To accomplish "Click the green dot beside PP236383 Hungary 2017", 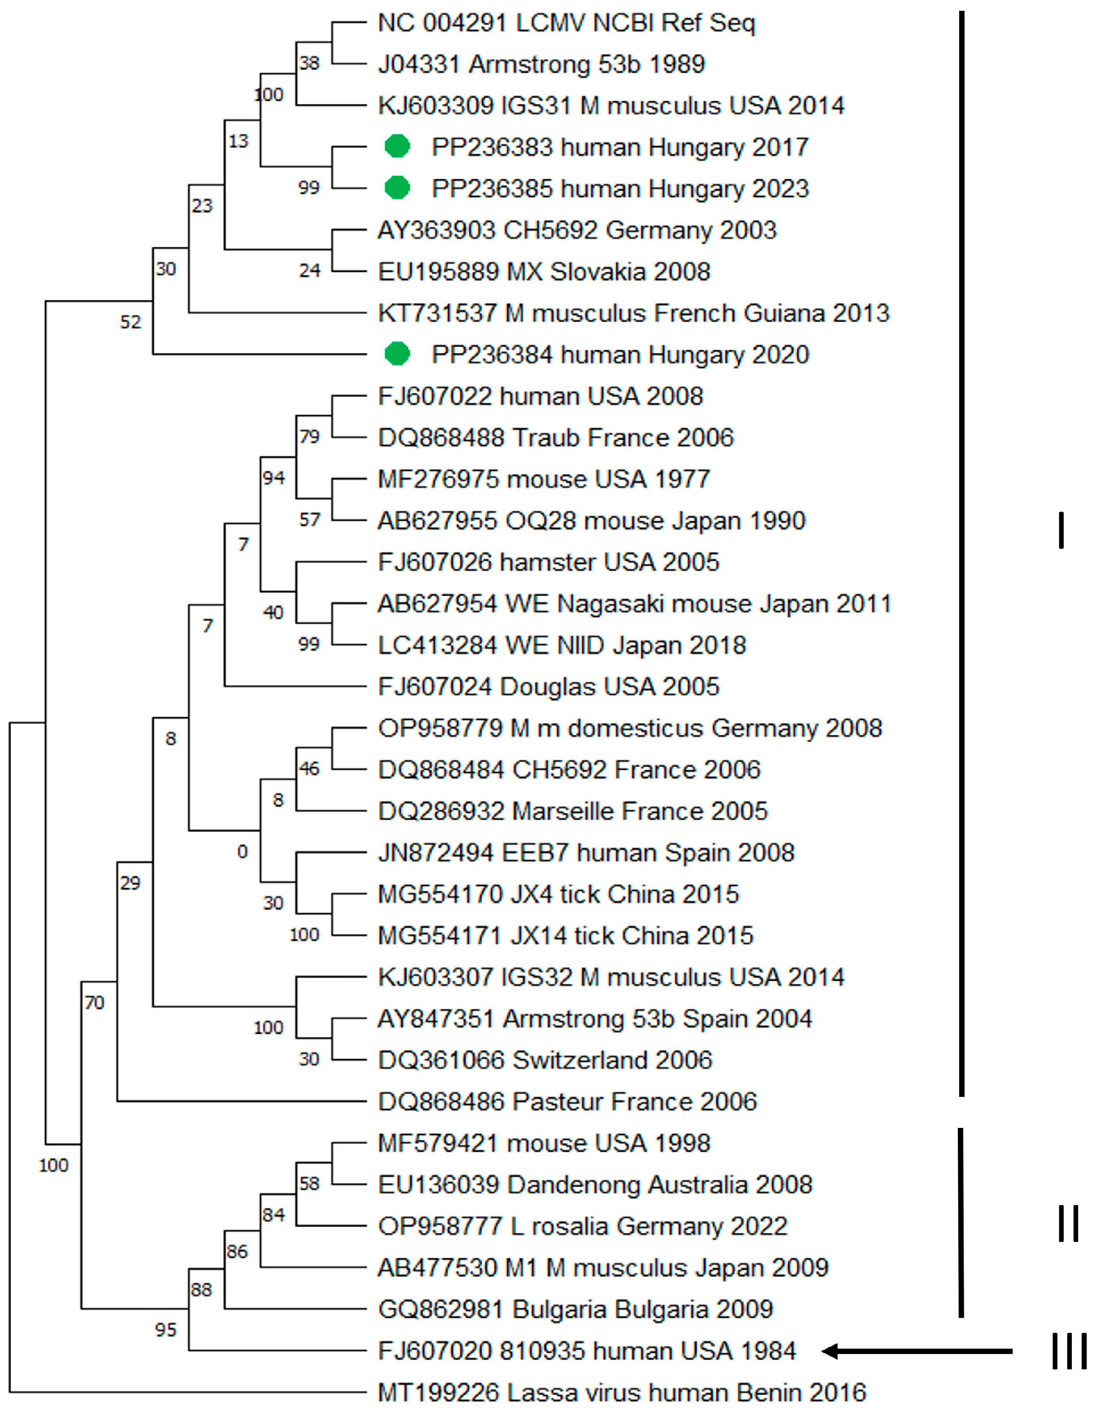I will [x=397, y=147].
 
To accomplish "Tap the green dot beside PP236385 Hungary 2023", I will [x=397, y=188].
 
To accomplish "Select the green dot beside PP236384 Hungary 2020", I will [x=397, y=354].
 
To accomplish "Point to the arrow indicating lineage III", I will [x=917, y=1351].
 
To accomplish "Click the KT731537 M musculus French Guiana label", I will [x=633, y=313].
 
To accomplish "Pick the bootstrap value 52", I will [x=131, y=322].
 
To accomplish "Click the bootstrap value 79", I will [x=310, y=437].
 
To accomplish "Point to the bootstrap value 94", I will [x=273, y=478].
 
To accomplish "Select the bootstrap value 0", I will [x=242, y=852].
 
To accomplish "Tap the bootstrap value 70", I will [x=94, y=1003].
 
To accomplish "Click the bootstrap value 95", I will [x=166, y=1330].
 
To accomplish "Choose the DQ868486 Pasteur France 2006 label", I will [x=567, y=1101].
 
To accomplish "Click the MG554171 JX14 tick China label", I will [x=565, y=935].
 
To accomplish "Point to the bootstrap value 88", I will [x=201, y=1289].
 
